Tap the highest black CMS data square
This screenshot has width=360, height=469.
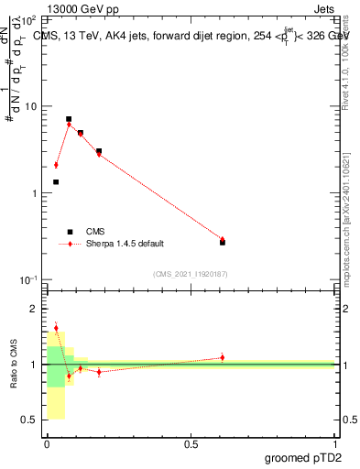pos(69,119)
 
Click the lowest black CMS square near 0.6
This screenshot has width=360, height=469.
pos(223,242)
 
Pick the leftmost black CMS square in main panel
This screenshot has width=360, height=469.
pos(56,182)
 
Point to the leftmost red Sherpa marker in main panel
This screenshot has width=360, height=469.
pos(56,165)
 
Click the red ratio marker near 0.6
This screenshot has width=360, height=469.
pos(223,357)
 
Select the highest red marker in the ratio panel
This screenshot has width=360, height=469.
pos(56,328)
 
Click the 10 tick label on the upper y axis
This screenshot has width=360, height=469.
pos(30,106)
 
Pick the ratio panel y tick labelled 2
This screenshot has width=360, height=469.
pos(33,310)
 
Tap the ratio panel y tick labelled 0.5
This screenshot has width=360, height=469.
pos(28,420)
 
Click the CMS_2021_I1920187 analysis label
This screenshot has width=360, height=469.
pos(190,274)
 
